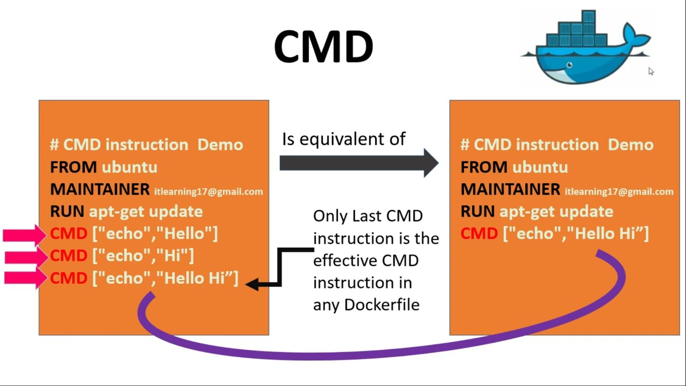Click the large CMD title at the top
tap(323, 47)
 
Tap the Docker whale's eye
tap(569, 65)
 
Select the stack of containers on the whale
tap(580, 32)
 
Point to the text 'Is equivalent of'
tap(344, 139)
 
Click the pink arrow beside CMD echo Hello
tap(25, 234)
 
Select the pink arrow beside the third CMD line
tap(25, 278)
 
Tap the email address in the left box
tap(208, 191)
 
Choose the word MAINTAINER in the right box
tap(510, 190)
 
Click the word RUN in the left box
tap(67, 212)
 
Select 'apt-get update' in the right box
tap(556, 212)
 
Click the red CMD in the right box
tap(479, 234)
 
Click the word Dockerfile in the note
tap(382, 305)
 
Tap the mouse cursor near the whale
tap(651, 71)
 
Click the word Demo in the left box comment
tap(220, 145)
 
